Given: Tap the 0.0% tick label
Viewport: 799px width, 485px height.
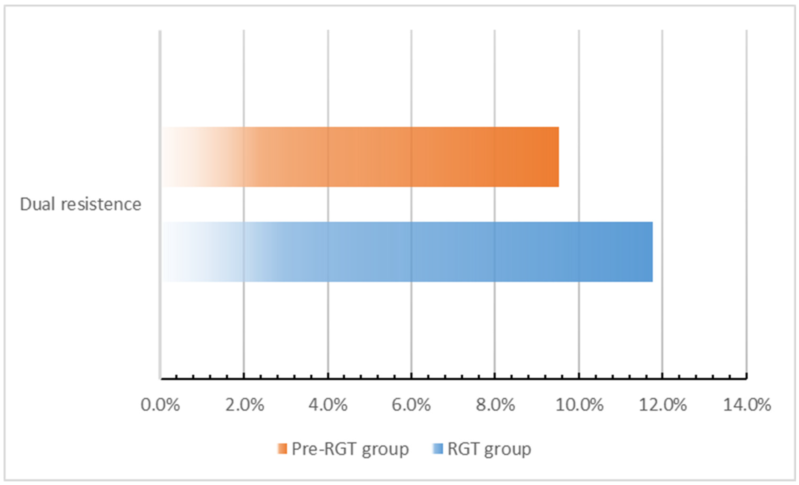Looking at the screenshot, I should (160, 405).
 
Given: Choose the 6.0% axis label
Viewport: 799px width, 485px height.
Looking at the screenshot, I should (411, 405).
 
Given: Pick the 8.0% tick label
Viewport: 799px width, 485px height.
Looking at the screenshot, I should (495, 405).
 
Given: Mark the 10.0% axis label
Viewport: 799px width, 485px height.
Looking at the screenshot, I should (580, 405).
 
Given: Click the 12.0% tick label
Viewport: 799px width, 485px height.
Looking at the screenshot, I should (663, 405).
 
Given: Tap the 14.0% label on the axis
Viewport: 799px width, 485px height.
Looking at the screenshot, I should (747, 405).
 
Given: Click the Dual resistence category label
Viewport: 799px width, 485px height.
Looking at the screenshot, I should (80, 204).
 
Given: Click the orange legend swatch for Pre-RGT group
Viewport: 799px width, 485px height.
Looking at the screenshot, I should (282, 449).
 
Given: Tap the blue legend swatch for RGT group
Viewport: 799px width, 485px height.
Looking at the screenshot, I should (438, 449).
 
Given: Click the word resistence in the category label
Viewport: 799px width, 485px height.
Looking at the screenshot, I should (101, 204).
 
